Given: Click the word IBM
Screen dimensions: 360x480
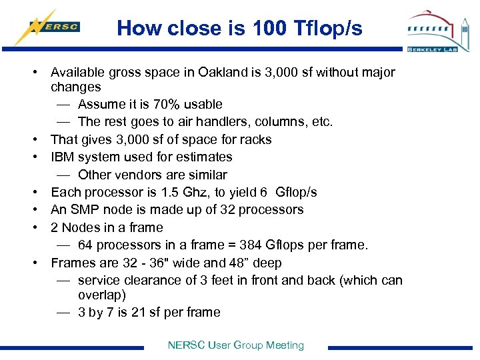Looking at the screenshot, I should coord(64,157).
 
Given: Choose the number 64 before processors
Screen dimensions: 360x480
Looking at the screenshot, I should coord(85,245).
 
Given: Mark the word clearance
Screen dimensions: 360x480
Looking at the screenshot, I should coord(149,280).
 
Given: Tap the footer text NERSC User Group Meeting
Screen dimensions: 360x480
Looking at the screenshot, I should coord(236,345).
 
